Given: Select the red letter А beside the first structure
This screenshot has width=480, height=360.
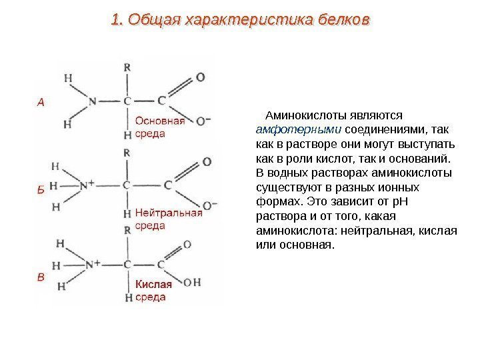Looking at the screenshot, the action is tap(41, 102).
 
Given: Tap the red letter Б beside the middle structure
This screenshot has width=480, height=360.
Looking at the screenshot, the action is tap(40, 189).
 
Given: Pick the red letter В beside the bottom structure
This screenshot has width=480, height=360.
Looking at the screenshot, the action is tap(41, 277).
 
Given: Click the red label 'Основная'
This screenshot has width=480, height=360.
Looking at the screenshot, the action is tap(160, 121).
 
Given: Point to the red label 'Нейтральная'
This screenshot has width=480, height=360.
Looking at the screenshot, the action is tap(169, 213).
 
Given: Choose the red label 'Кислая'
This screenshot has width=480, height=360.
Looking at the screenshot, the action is tap(154, 284).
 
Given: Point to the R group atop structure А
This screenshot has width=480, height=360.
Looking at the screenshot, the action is tap(127, 67).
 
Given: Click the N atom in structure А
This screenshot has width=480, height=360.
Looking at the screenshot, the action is tap(92, 101).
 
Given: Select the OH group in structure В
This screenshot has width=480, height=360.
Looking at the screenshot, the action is tap(192, 283).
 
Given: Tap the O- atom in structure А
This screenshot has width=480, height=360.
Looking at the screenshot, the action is tap(203, 121).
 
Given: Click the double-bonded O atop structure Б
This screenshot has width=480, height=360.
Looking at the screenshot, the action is tap(206, 162).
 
